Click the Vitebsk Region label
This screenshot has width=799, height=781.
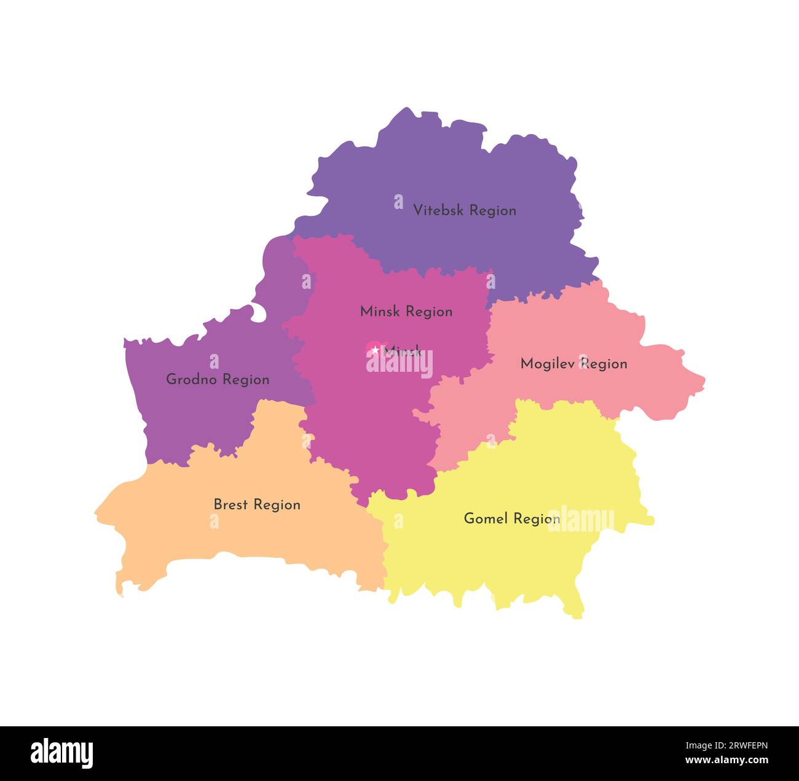click(x=464, y=210)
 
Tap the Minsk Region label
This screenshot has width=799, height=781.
click(x=406, y=312)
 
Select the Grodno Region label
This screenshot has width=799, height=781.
click(x=218, y=379)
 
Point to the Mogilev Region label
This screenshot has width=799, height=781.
click(x=573, y=364)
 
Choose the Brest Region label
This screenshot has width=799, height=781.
click(x=257, y=504)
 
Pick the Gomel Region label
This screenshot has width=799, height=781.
click(x=511, y=519)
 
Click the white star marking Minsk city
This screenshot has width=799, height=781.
click(x=375, y=350)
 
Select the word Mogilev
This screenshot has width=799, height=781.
click(x=548, y=364)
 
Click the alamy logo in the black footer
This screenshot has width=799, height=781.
click(x=61, y=753)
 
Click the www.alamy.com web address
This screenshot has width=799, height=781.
click(x=726, y=760)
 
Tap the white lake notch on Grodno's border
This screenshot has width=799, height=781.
click(x=259, y=313)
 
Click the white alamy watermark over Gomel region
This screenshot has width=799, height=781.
click(x=581, y=519)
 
